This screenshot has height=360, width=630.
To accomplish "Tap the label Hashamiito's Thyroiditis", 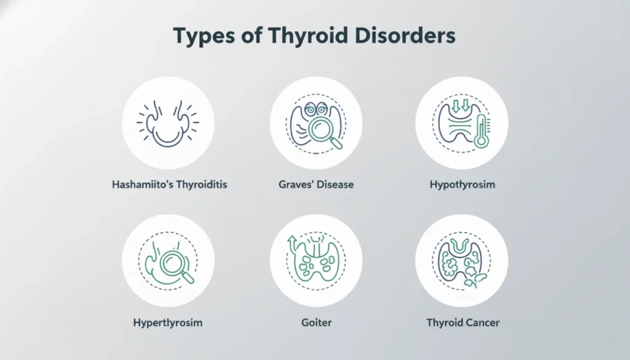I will click(x=170, y=184).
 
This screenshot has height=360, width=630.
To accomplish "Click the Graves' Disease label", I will click(x=315, y=184).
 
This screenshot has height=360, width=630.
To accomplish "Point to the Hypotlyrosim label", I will click(x=461, y=184).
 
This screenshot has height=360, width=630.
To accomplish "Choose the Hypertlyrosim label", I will click(x=168, y=322).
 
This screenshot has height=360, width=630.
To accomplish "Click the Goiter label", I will click(x=315, y=322).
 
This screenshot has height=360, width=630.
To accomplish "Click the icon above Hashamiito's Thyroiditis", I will click(x=168, y=122).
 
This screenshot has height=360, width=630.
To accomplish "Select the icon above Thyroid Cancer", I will click(x=461, y=260).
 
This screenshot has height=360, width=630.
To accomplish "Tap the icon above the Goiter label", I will click(x=316, y=260).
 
